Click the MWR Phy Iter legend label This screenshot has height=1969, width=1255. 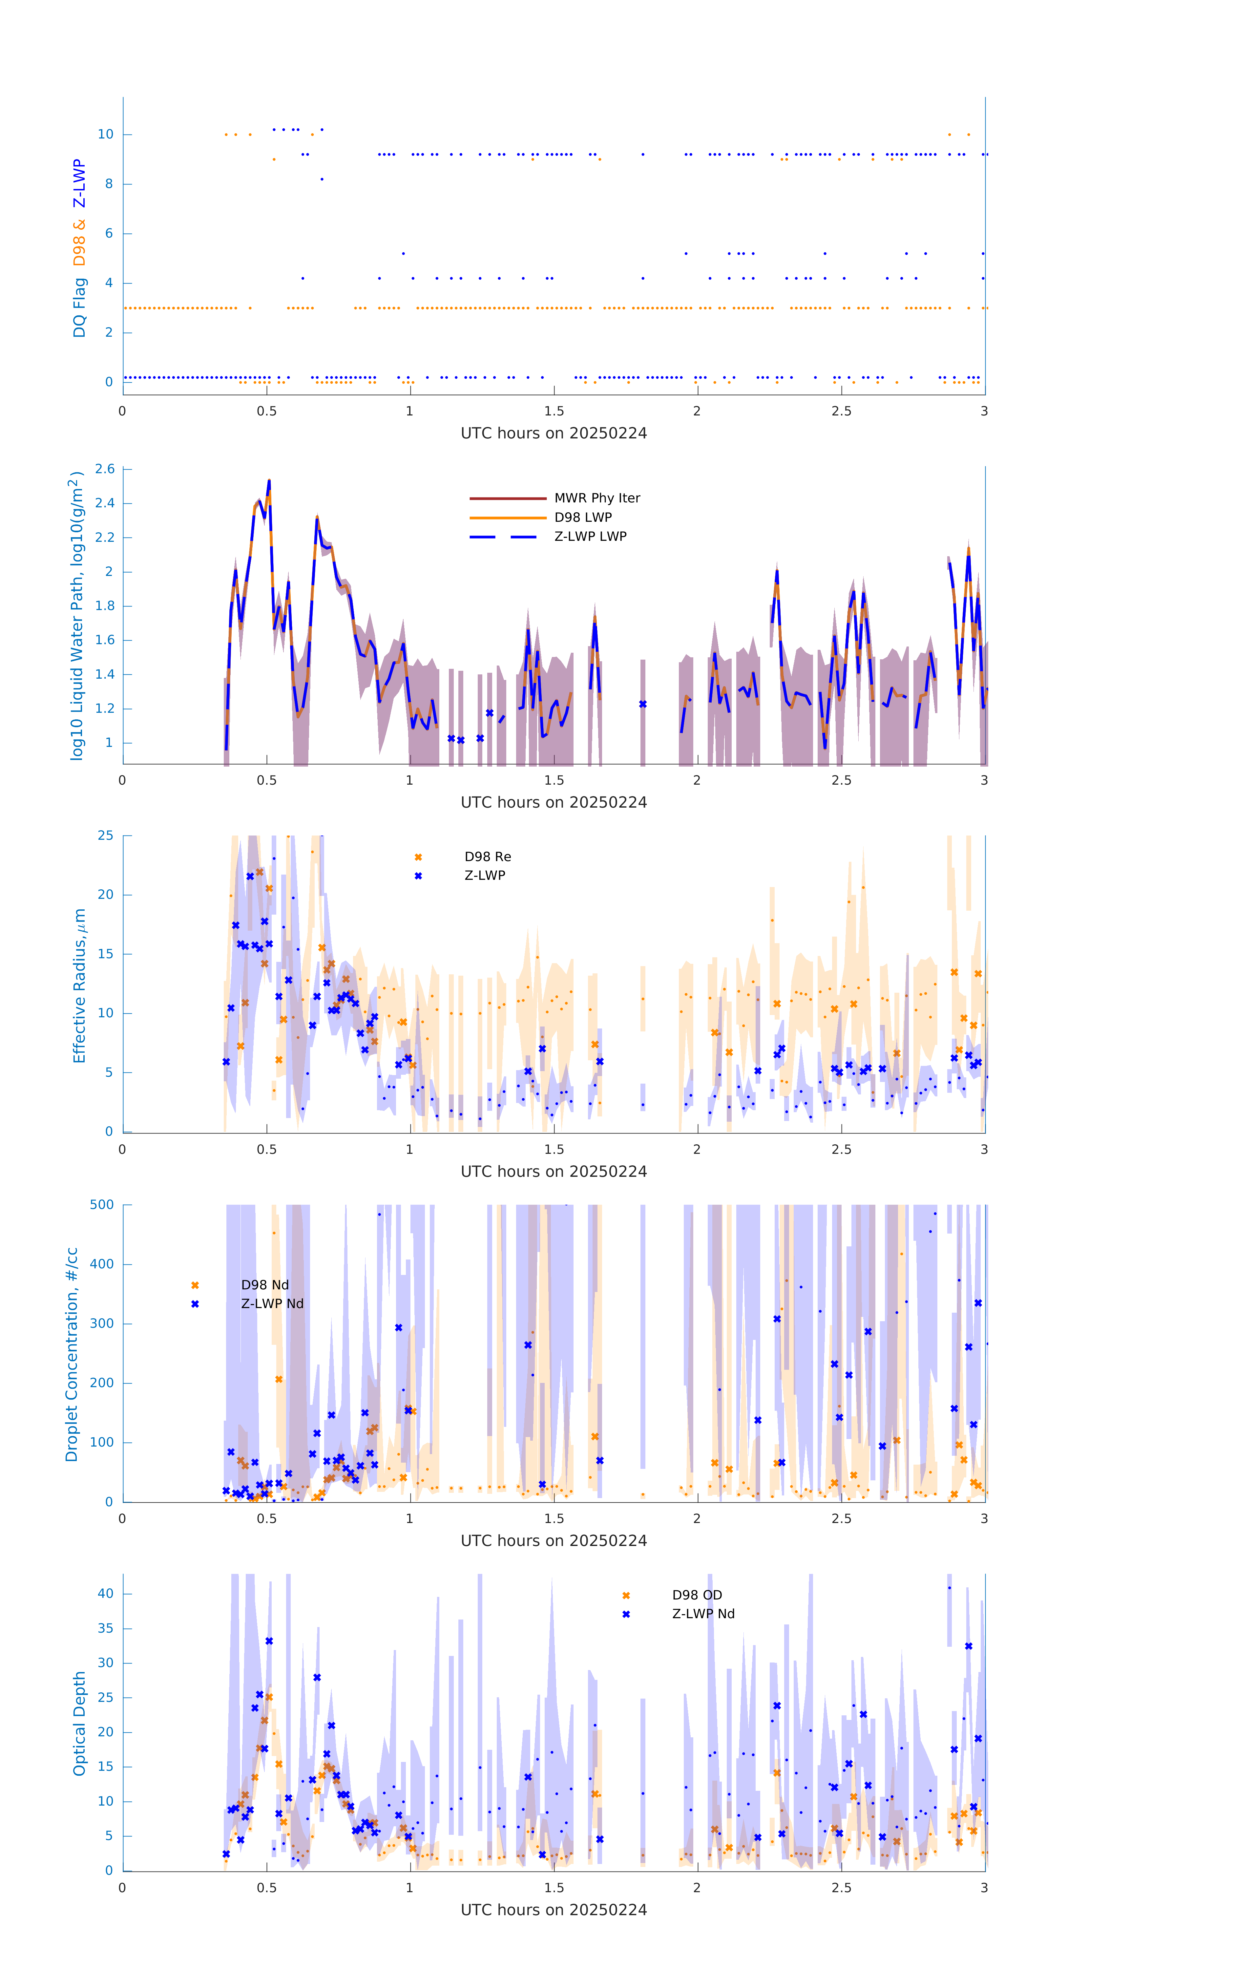coord(597,498)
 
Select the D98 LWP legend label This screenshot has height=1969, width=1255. coord(583,517)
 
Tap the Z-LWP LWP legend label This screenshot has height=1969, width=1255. coord(590,537)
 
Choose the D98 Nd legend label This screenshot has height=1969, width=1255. coord(265,1284)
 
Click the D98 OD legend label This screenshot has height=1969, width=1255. coord(697,1595)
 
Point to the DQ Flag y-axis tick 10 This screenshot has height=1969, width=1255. coord(105,134)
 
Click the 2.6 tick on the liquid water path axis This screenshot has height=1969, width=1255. coord(105,469)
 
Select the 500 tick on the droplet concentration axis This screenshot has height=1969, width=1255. coord(102,1204)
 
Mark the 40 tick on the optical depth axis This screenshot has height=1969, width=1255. coord(105,1593)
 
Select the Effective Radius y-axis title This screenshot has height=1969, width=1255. coord(79,985)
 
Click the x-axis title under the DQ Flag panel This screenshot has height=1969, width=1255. coord(554,434)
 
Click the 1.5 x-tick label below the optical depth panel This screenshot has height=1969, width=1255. coord(554,1887)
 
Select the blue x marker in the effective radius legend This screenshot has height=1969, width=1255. coord(418,876)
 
